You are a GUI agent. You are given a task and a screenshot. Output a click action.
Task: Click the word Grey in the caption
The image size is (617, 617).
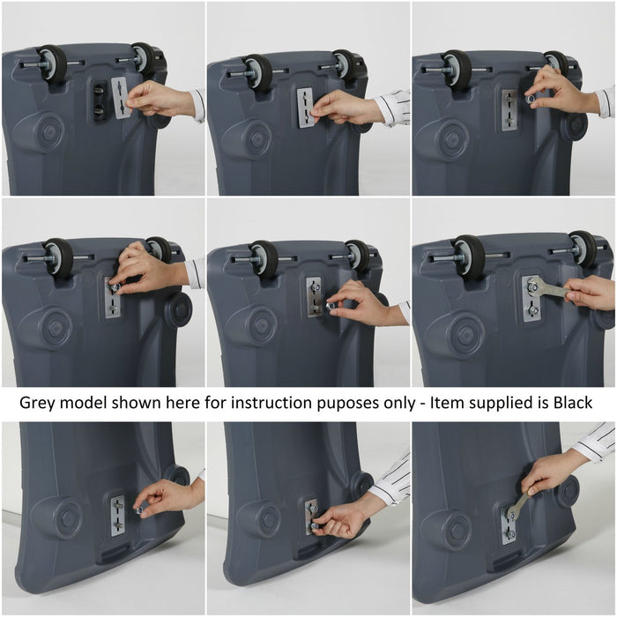36,403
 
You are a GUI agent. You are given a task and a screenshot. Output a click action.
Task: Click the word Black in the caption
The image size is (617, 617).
573,403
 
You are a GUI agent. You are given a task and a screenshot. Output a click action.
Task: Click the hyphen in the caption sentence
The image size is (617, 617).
422,405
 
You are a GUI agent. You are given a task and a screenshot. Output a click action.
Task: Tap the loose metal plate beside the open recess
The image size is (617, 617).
121,97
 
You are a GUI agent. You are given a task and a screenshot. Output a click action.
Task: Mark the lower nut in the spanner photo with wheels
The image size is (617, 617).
533,311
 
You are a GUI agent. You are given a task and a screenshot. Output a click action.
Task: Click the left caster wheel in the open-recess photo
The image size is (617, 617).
52,63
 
